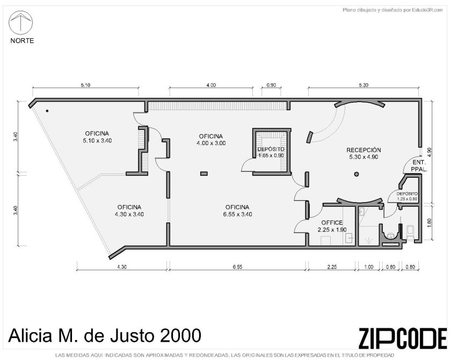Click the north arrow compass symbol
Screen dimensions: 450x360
coord(20,23)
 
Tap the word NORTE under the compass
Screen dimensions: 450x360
coord(22,41)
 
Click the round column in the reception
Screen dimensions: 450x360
coord(357,174)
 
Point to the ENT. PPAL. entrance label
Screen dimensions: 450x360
coord(419,166)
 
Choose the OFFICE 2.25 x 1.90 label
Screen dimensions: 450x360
coord(332,226)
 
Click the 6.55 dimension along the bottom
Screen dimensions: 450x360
coord(238,267)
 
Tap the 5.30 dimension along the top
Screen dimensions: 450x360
coord(364,85)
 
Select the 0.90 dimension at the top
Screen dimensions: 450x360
coord(271,85)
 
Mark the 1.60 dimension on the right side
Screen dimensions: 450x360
coord(429,223)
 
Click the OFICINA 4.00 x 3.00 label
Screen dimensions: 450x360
coord(211,140)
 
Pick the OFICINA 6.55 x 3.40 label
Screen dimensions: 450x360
coord(237,211)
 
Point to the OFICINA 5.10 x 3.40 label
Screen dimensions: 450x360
coord(97,137)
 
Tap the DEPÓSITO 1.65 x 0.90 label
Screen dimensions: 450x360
coord(271,153)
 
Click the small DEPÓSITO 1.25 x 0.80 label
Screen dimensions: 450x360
coord(407,196)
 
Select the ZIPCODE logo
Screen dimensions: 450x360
coord(403,338)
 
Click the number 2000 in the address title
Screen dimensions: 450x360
coord(180,336)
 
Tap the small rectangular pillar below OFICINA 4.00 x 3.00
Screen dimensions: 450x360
coord(204,174)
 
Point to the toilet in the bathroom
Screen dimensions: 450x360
coord(410,232)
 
